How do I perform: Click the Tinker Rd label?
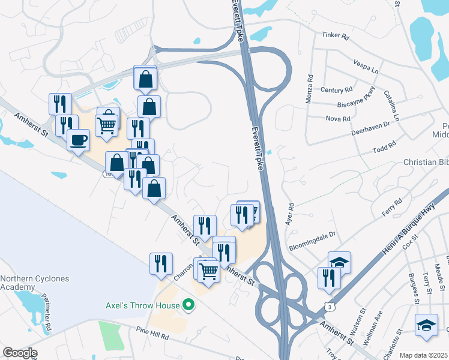(336, 35)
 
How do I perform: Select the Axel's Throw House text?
(143, 305)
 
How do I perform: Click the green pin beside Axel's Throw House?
(188, 305)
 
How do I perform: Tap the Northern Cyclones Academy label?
(35, 283)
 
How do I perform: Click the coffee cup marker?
(78, 141)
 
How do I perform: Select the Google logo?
(20, 353)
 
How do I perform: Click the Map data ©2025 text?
(424, 355)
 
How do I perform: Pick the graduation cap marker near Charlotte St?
(426, 325)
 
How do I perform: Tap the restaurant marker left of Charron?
(161, 263)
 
